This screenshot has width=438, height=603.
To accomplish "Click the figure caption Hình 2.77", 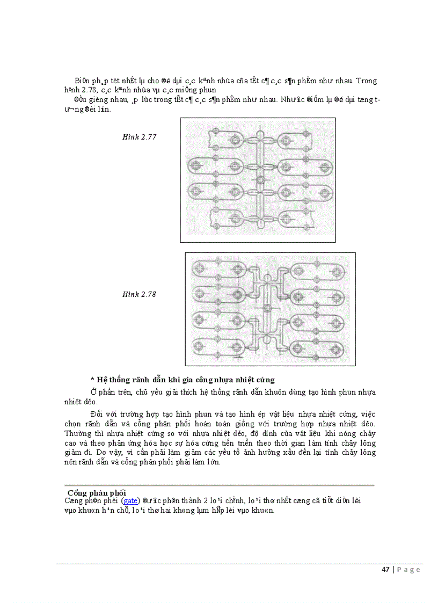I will pos(139,137).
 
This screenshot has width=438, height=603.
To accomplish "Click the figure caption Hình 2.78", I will pos(139,294).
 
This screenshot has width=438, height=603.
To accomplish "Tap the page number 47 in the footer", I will pos(385,570).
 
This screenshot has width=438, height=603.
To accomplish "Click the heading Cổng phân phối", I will pos(97,492).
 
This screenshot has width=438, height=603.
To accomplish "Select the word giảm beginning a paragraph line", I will pos(73,453).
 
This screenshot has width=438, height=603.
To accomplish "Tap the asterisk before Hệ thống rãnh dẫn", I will pos(92,380).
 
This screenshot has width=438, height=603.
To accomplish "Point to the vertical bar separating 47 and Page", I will pos(393,570).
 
